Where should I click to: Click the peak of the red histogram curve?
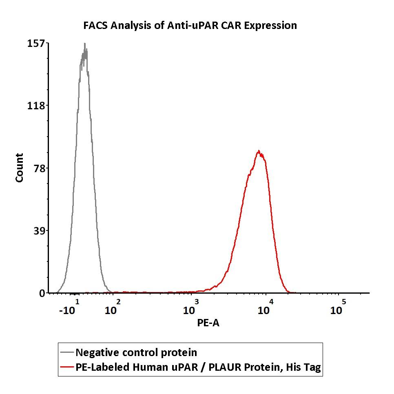click(259, 151)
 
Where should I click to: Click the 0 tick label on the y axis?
click(42, 293)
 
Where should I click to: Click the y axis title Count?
click(19, 168)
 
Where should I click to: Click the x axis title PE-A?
click(208, 323)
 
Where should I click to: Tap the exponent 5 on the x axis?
click(344, 302)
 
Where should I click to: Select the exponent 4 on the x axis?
click(271, 302)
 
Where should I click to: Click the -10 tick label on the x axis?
click(67, 310)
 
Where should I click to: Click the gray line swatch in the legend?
click(67, 352)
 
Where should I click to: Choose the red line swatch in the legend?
click(67, 367)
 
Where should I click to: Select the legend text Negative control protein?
click(136, 352)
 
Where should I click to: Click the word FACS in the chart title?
click(96, 25)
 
